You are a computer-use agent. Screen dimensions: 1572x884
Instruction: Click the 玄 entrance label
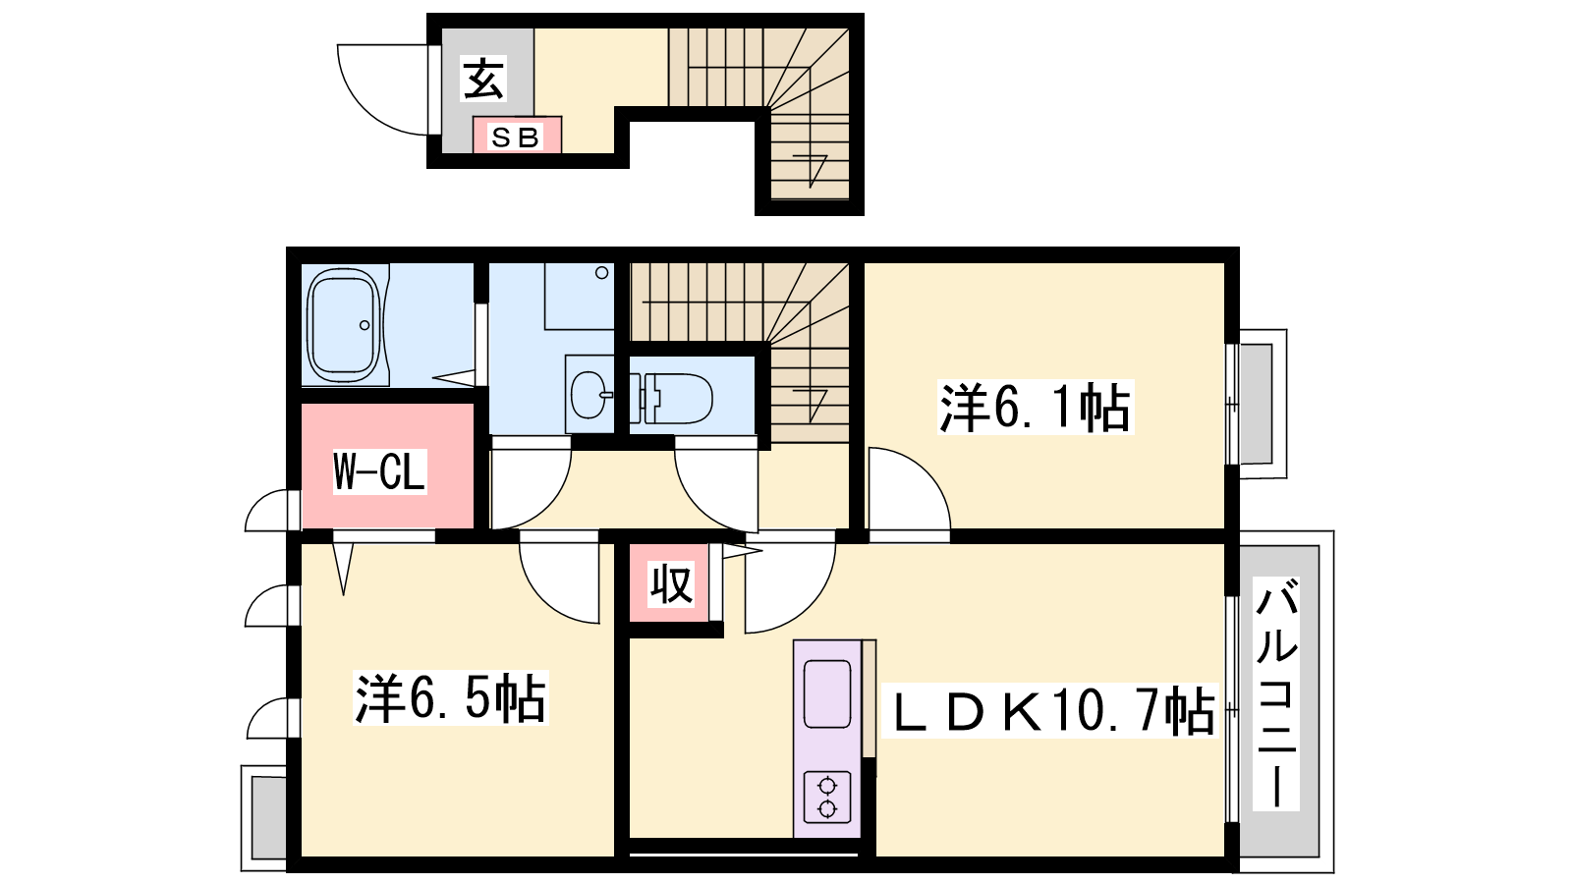pyautogui.click(x=482, y=79)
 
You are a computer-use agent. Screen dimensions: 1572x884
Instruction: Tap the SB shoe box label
pyautogui.click(x=516, y=137)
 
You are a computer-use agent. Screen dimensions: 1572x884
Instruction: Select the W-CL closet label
pyautogui.click(x=379, y=471)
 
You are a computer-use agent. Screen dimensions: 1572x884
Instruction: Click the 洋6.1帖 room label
pyautogui.click(x=1036, y=407)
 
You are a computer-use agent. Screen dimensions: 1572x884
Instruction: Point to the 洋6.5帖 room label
pyautogui.click(x=450, y=698)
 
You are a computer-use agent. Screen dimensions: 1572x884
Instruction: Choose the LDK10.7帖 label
pyautogui.click(x=1050, y=710)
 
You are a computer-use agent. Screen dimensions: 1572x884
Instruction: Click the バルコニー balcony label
pyautogui.click(x=1276, y=693)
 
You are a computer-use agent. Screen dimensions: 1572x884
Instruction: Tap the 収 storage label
pyautogui.click(x=671, y=583)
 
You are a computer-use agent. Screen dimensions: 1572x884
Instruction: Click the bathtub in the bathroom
pyautogui.click(x=344, y=325)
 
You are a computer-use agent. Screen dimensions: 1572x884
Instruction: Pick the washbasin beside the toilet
pyautogui.click(x=589, y=394)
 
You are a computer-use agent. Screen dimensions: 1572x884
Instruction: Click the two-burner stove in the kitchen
pyautogui.click(x=827, y=797)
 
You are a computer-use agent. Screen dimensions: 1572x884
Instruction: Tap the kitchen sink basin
pyautogui.click(x=827, y=693)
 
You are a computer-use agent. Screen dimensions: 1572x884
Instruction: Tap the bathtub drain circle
pyautogui.click(x=365, y=325)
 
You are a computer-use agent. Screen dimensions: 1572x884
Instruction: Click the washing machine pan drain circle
pyautogui.click(x=601, y=273)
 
